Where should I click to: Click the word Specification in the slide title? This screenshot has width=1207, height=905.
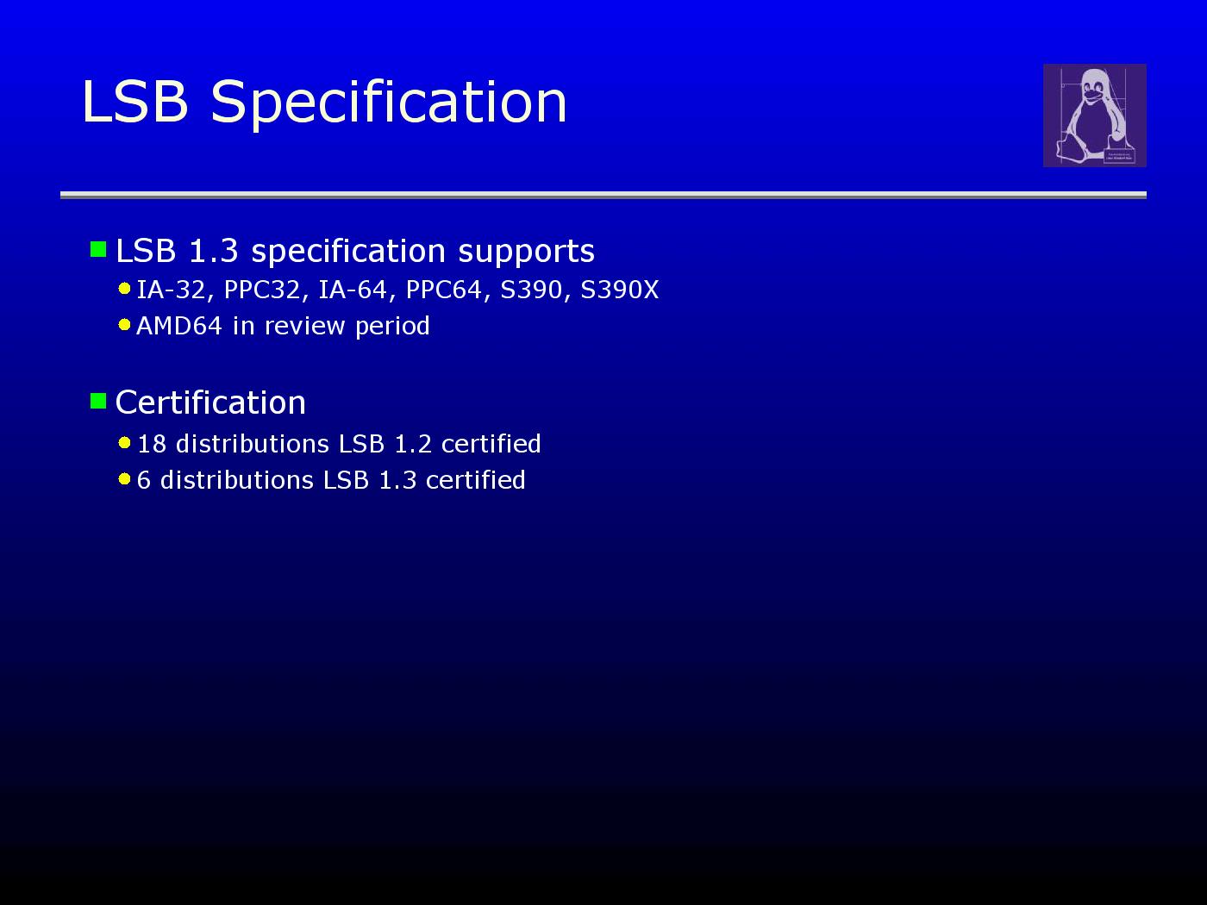(x=389, y=103)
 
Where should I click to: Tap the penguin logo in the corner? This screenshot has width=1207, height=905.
(x=1095, y=115)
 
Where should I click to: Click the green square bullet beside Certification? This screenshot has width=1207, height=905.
(x=98, y=401)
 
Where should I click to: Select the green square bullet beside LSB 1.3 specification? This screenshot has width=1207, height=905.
(x=98, y=249)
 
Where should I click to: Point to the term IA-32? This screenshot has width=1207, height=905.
(x=171, y=290)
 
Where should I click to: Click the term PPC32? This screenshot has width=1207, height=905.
(x=262, y=290)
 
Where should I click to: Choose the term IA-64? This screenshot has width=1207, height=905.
(x=353, y=290)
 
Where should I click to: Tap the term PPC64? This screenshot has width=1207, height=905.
(x=444, y=290)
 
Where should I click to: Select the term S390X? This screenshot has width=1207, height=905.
(x=620, y=290)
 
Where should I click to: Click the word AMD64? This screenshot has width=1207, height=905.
(x=179, y=325)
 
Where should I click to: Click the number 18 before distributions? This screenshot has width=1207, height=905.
(x=152, y=444)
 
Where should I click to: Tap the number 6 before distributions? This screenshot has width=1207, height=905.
(x=143, y=480)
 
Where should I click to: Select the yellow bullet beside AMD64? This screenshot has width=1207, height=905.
(x=124, y=325)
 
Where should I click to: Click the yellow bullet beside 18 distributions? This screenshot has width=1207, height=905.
(x=124, y=443)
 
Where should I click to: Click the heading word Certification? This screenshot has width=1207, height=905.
(x=210, y=403)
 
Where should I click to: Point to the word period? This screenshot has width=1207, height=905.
(x=392, y=327)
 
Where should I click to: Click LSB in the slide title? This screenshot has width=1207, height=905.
(x=135, y=102)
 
